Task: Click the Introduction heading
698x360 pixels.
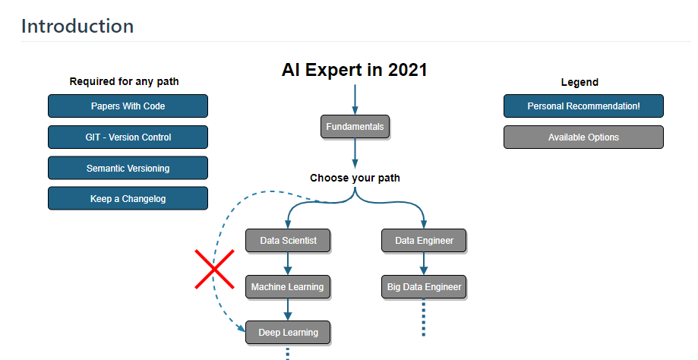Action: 77,26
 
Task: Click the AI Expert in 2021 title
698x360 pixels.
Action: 355,71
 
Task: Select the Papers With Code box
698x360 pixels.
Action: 128,106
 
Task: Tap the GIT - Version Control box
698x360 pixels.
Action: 128,137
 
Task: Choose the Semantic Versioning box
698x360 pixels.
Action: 128,169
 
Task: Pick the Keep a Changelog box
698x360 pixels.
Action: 128,199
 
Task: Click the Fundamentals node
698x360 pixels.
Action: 355,127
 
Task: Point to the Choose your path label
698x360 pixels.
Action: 355,178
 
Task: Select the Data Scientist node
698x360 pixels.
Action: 288,241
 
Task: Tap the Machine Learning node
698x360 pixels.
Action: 287,287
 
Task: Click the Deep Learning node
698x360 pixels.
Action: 288,333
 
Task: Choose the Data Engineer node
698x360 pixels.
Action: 424,241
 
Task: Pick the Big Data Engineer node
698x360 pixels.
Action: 424,287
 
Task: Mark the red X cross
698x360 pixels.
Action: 214,269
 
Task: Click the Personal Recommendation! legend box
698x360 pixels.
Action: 583,106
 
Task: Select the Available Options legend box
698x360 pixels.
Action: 583,137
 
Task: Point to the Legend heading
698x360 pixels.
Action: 580,82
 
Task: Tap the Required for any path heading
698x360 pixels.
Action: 125,82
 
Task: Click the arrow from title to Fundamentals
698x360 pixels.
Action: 355,99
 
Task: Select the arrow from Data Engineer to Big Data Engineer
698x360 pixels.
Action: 424,264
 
